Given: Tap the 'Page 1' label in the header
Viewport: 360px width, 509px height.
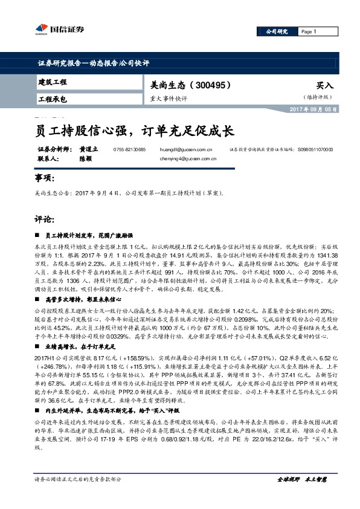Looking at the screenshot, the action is [x=308, y=31].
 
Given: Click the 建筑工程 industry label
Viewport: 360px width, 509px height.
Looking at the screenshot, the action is [x=53, y=82].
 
